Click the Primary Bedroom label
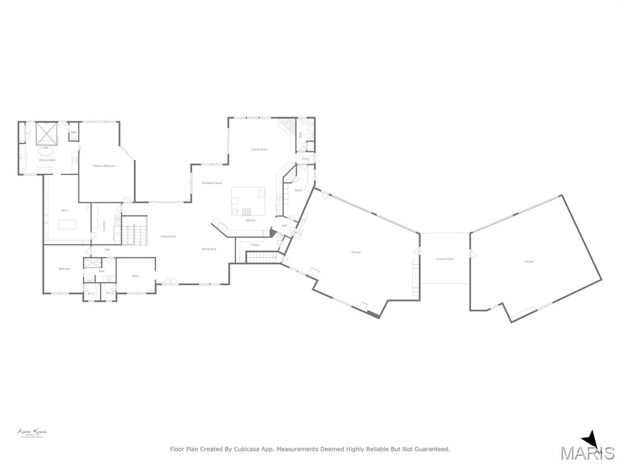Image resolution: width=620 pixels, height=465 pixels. point(104,165)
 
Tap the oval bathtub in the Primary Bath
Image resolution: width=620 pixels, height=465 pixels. point(46,152)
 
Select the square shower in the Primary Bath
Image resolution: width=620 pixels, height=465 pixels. point(47,133)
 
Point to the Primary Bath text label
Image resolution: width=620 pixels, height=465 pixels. point(48,160)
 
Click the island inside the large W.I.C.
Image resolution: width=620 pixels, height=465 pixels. point(67,224)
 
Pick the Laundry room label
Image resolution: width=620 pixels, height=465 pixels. point(105,225)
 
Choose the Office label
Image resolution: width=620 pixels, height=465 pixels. point(136,276)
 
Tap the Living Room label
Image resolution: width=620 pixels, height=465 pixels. point(168,236)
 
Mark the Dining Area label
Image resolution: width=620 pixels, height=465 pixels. point(209,249)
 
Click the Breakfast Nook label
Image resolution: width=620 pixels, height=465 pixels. point(212,183)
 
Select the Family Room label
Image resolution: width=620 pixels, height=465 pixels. point(260,149)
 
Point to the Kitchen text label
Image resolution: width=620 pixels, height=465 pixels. point(251,220)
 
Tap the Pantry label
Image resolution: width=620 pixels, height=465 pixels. point(255,245)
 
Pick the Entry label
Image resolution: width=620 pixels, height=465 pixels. point(305,159)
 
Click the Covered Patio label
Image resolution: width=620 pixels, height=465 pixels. point(445,259)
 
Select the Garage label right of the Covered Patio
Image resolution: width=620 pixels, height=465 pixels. point(529,262)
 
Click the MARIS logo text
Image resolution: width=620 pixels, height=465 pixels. point(587,453)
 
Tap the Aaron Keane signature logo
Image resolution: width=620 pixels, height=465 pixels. point(32,432)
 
